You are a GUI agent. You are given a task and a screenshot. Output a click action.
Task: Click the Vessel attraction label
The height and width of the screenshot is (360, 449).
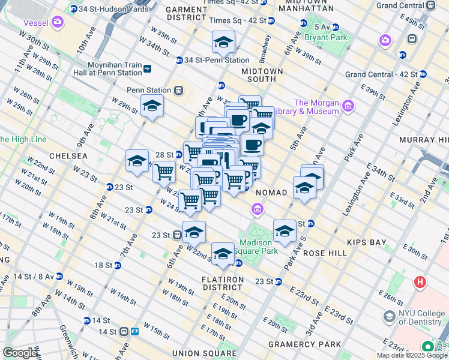[x=35, y=23]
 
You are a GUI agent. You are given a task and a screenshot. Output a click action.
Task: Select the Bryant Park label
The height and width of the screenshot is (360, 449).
[x=325, y=37]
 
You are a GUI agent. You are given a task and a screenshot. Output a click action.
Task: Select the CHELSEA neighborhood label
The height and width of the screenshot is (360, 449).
[x=67, y=156]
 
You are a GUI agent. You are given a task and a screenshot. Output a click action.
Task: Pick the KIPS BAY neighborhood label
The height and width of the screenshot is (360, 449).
[x=366, y=242]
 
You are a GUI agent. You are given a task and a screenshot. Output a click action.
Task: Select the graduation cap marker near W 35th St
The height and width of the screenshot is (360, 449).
[x=223, y=43]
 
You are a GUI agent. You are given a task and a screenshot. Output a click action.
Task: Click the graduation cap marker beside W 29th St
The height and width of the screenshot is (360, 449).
[x=152, y=106]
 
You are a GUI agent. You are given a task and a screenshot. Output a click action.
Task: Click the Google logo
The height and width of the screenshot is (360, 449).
[x=20, y=353]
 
